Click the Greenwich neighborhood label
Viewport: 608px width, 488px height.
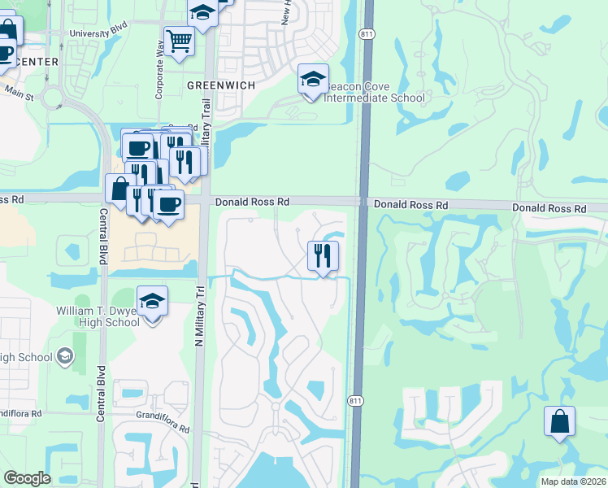point(222,85)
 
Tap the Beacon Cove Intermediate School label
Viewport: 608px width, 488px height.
point(374,93)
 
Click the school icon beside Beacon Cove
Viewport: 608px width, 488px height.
point(313,80)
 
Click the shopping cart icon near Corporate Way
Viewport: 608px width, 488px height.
point(179,41)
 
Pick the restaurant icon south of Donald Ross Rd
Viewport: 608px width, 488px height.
point(323,257)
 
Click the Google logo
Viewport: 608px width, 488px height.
point(27,478)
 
